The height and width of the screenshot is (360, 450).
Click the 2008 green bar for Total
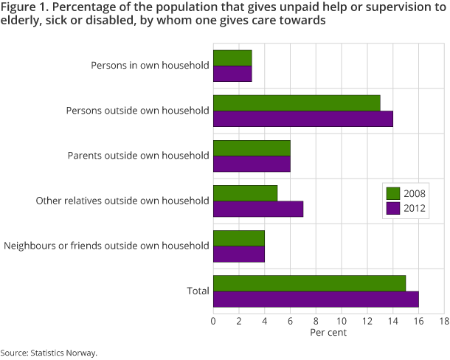coord(309,283)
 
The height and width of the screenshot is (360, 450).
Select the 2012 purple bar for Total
coord(316,300)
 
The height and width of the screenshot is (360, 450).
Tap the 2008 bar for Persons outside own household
coord(297,103)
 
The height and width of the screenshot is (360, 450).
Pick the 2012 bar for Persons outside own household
coord(303,119)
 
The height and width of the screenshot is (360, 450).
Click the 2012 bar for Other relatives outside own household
coord(258,209)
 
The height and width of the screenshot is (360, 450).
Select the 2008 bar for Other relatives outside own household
coord(245,193)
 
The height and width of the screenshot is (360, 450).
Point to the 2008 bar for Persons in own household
coord(232,58)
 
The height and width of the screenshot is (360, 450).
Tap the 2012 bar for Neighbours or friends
coord(239,255)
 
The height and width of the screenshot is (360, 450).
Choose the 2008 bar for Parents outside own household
coord(252,148)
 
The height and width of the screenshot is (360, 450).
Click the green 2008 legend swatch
coord(392,194)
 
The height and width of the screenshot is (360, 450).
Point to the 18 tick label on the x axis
coord(443,322)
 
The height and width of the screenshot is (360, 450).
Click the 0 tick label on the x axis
coord(213,322)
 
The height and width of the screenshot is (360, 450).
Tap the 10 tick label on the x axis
coord(341,322)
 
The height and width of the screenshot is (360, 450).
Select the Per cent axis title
coord(328,333)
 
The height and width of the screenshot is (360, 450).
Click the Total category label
coord(198,291)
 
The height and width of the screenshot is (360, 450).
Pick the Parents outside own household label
coord(138,156)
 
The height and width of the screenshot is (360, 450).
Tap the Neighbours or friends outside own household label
coord(106,246)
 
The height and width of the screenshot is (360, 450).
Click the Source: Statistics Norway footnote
coord(49,353)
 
